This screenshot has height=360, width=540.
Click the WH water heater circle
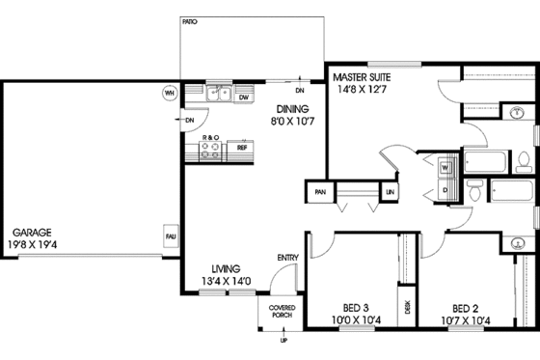[x=170, y=94]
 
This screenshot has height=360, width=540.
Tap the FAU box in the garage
[x=170, y=235]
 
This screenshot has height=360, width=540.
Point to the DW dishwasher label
[x=244, y=97]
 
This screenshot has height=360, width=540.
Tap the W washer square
[x=446, y=166]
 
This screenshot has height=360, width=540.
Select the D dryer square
[x=446, y=190]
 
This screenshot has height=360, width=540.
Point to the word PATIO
[x=190, y=19]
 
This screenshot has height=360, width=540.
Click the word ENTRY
[x=287, y=258]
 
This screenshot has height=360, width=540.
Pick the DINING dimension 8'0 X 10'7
[x=292, y=124]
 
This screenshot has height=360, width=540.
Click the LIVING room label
[x=227, y=268]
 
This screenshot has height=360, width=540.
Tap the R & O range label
[x=210, y=138]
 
